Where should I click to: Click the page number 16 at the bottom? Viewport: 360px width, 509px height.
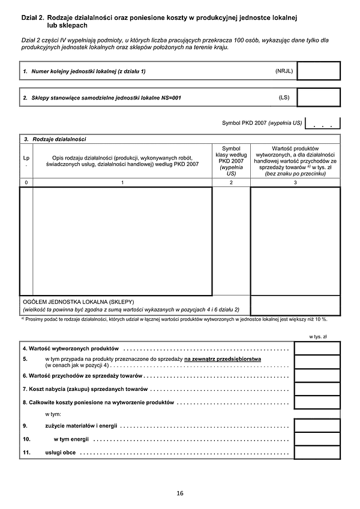coord(180,493)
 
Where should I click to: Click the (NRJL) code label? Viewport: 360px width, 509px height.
coord(284,71)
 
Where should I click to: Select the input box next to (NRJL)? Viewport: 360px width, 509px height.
coord(318,71)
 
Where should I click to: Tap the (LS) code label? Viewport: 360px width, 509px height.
coord(284,97)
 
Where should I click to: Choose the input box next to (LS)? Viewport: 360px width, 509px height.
coord(318,97)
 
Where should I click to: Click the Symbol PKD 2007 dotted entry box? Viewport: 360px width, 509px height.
coord(323,124)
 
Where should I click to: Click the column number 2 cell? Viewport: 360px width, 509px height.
coord(231,182)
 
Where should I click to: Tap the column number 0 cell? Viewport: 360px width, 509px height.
coord(26,182)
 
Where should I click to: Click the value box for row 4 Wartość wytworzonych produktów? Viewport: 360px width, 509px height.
coord(317,348)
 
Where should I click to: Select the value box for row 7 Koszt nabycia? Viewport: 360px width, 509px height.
coord(317,388)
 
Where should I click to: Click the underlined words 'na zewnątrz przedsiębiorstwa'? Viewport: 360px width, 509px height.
coord(226,358)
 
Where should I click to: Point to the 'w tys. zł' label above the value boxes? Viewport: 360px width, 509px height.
coord(317,337)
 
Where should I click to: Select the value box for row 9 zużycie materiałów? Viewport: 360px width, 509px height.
coord(317,426)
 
